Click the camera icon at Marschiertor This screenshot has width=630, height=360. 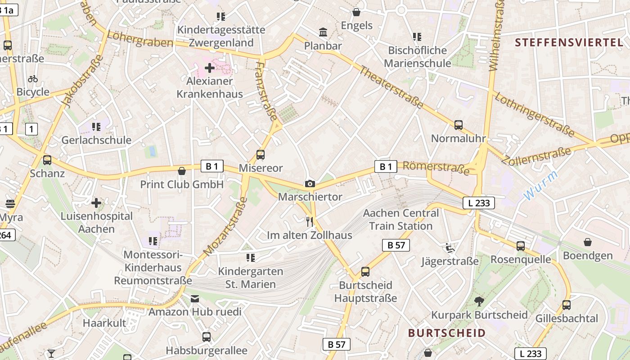(x=310, y=184)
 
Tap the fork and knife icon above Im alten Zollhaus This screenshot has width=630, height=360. (x=309, y=221)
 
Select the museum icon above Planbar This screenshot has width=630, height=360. (x=323, y=32)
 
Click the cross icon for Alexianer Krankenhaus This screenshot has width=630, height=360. (x=210, y=68)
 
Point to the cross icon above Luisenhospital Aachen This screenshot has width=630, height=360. (x=96, y=203)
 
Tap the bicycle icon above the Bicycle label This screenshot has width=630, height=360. (x=33, y=79)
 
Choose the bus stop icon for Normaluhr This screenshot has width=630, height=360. (x=458, y=125)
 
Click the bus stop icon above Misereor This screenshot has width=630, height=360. (x=260, y=155)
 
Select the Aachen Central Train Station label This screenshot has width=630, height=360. (x=400, y=219)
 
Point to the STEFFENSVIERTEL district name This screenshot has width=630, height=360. (x=569, y=43)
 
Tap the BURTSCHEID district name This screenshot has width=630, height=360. (x=446, y=333)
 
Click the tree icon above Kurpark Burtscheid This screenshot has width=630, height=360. (x=479, y=301)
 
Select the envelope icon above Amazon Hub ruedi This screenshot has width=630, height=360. (x=195, y=299)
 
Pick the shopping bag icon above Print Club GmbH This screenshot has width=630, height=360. (x=182, y=171)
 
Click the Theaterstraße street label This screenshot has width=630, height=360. (x=391, y=87)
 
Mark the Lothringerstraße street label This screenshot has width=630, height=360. (x=534, y=115)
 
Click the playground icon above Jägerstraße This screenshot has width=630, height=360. (x=449, y=247)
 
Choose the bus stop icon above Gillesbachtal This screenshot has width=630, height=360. (x=566, y=305)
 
